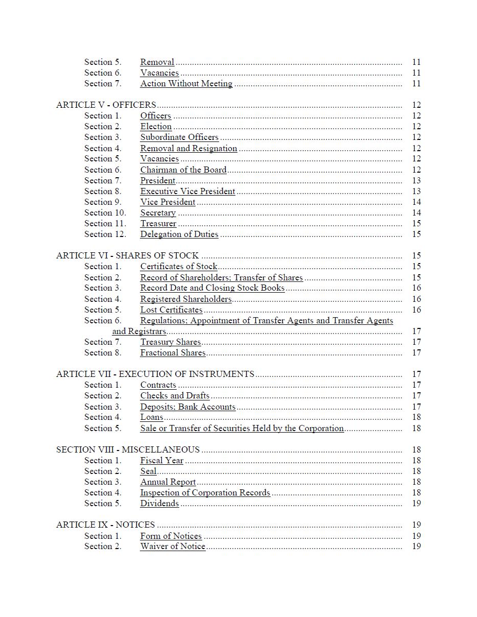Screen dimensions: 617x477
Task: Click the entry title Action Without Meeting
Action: click(186, 84)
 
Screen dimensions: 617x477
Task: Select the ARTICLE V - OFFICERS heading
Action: click(106, 105)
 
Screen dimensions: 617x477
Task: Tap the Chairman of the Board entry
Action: click(183, 170)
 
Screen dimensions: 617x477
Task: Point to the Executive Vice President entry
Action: click(187, 192)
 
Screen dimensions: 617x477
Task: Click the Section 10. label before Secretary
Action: click(105, 213)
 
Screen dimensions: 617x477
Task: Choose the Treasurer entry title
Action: click(158, 224)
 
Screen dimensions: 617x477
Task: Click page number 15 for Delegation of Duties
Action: click(416, 234)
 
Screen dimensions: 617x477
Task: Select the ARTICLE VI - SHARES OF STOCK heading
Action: click(127, 256)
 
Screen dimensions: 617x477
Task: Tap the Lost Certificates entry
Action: click(172, 310)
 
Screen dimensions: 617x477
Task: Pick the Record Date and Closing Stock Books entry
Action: click(212, 288)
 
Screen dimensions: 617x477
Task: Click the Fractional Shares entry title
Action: click(173, 353)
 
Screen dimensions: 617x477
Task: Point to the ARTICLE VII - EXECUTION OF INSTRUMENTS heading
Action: click(155, 374)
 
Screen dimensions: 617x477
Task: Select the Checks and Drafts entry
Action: click(175, 396)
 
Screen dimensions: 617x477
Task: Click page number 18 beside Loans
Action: click(416, 417)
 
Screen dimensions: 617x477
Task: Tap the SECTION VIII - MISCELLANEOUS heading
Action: click(128, 450)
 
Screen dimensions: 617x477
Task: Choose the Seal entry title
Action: click(148, 471)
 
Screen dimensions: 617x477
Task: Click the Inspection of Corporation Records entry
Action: click(205, 493)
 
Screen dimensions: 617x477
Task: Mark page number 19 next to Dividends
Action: click(416, 504)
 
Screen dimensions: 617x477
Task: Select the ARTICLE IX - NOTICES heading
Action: click(105, 525)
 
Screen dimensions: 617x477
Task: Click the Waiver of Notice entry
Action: click(173, 547)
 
